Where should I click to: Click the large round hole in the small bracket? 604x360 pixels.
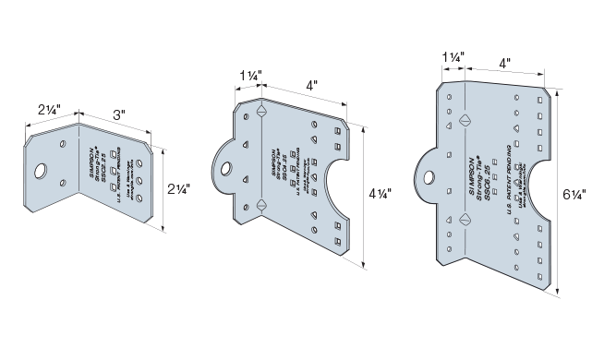point(42,172)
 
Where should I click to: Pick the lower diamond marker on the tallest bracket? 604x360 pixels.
point(460,219)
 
